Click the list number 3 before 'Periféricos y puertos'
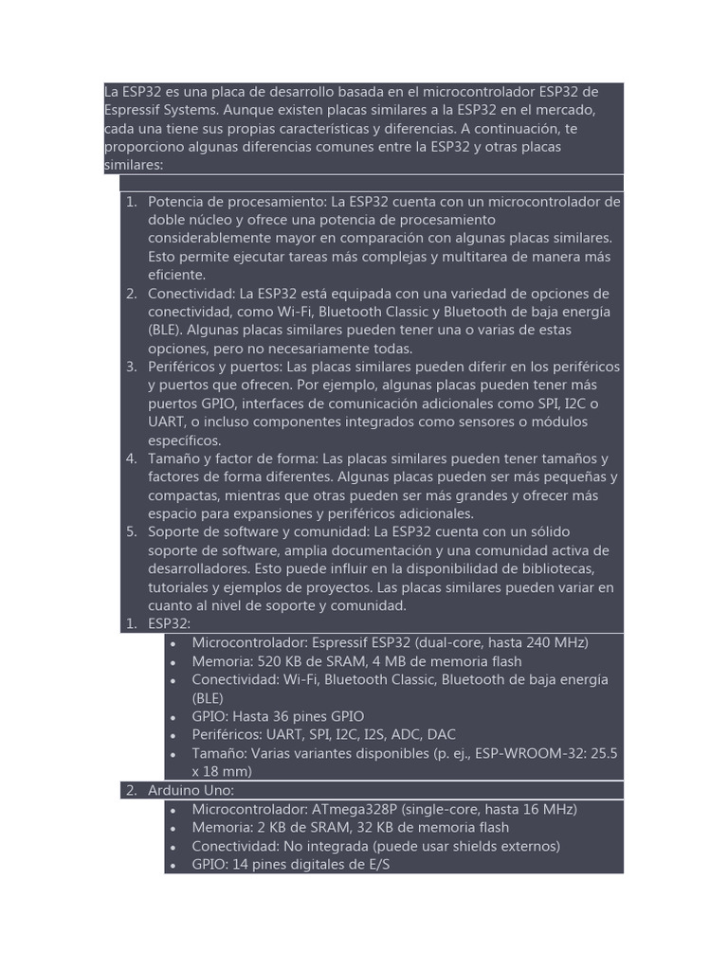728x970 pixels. tap(131, 367)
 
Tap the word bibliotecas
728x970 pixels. tap(553, 568)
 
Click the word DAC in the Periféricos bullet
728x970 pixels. tap(442, 734)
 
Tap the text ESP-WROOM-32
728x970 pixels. tap(528, 753)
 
